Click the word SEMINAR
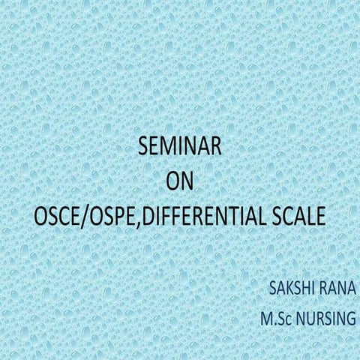coord(180,148)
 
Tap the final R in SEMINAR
coord(217,148)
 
